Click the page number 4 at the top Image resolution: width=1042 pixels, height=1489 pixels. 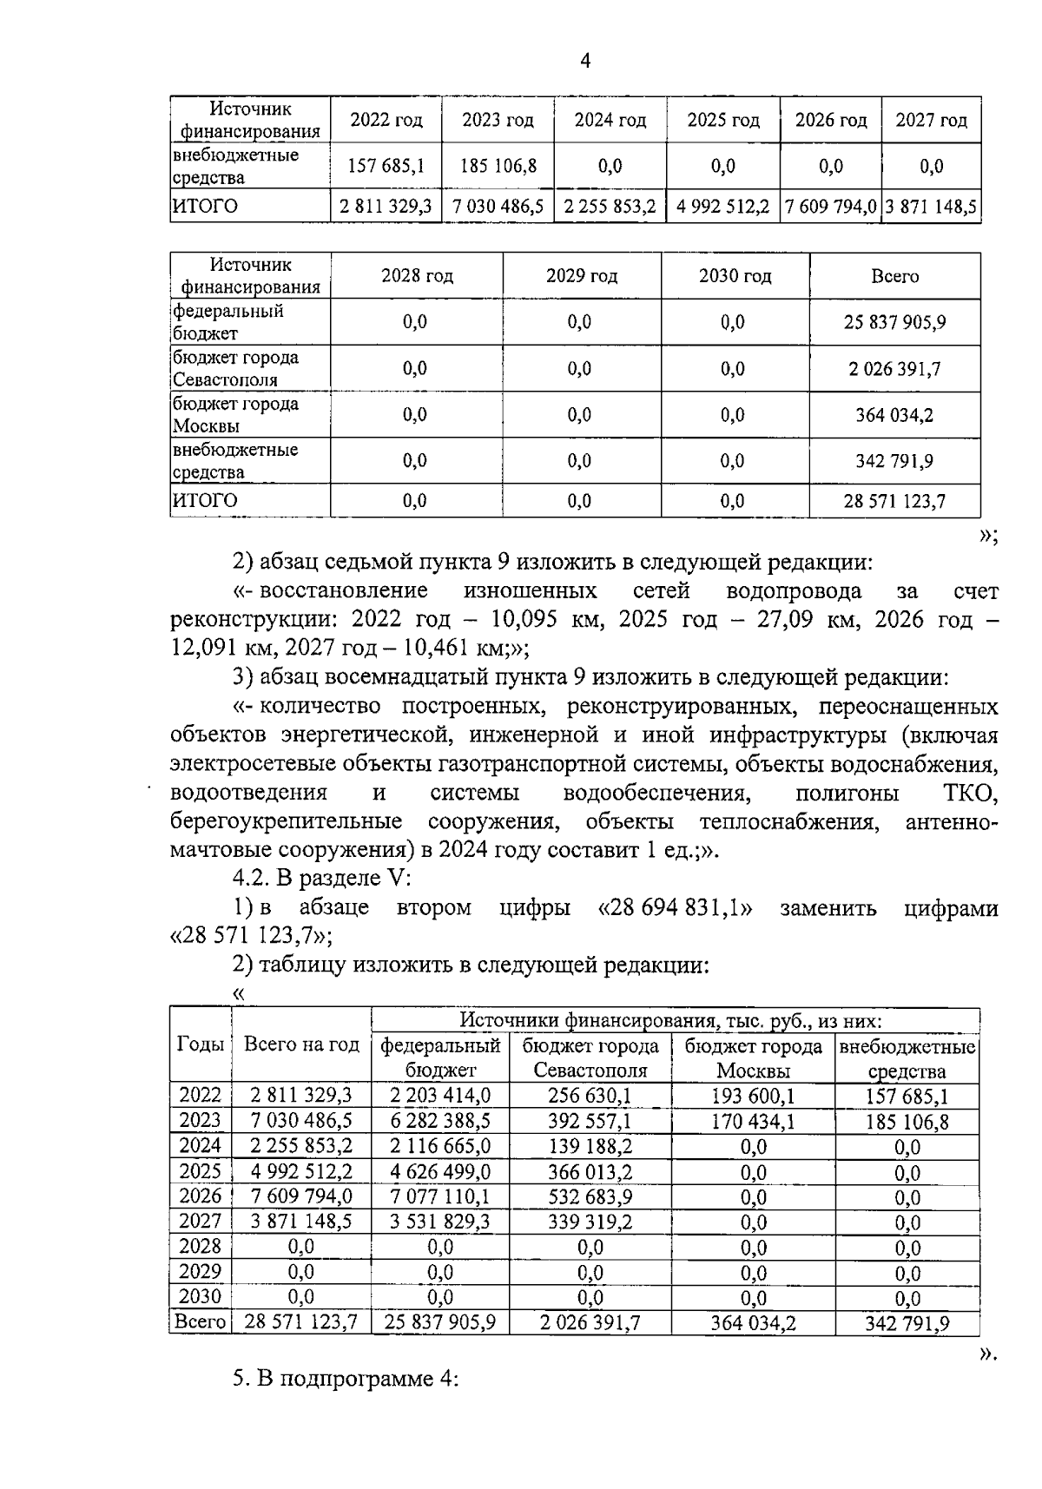[584, 61]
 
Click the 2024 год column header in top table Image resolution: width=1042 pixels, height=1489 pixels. [610, 121]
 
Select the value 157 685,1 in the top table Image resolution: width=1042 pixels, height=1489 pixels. [386, 166]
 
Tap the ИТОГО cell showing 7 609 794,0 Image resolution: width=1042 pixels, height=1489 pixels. [830, 208]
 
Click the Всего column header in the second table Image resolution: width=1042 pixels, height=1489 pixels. [894, 277]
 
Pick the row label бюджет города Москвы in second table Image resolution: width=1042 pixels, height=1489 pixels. [235, 415]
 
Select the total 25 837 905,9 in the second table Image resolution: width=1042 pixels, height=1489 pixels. [894, 323]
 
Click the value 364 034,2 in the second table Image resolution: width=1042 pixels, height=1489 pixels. [894, 415]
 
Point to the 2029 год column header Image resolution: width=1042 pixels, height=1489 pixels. [581, 277]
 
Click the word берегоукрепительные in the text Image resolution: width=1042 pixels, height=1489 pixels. [286, 821]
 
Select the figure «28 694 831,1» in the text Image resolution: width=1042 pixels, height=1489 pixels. [676, 908]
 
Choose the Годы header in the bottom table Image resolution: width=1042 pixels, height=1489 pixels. [201, 1044]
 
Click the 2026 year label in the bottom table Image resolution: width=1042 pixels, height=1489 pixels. [201, 1196]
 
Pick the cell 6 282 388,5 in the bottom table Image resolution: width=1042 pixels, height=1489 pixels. [439, 1121]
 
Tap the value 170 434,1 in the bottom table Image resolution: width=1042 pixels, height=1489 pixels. [752, 1121]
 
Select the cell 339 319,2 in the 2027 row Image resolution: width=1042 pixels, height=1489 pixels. [590, 1222]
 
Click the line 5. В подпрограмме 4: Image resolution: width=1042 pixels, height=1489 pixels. [345, 1380]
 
